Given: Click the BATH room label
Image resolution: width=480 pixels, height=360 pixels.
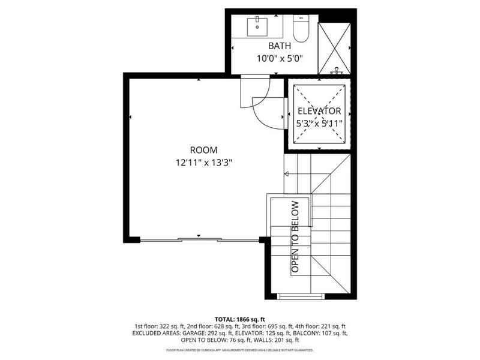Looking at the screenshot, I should click(x=280, y=46).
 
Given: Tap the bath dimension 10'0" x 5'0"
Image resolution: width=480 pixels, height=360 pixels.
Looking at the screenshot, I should click(x=280, y=58).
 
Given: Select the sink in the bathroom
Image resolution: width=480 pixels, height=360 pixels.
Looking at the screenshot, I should click(x=259, y=25).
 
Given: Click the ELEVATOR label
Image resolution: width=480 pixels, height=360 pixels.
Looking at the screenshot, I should click(x=319, y=111).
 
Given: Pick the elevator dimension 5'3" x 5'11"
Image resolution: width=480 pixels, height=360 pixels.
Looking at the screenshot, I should click(x=319, y=124).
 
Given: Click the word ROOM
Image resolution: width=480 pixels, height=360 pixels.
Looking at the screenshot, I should click(x=203, y=150).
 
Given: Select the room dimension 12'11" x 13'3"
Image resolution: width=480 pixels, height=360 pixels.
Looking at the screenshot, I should click(x=203, y=162).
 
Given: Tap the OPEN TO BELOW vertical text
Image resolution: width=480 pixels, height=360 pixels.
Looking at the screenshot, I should click(x=295, y=237).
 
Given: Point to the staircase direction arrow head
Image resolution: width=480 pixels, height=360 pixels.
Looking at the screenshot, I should click(x=287, y=175).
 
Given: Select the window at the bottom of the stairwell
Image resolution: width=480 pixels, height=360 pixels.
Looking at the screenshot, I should click(x=301, y=296).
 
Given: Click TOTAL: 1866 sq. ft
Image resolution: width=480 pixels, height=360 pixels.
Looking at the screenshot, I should click(x=240, y=319).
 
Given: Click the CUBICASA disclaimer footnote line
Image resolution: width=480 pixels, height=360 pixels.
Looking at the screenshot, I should click(x=240, y=349).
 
